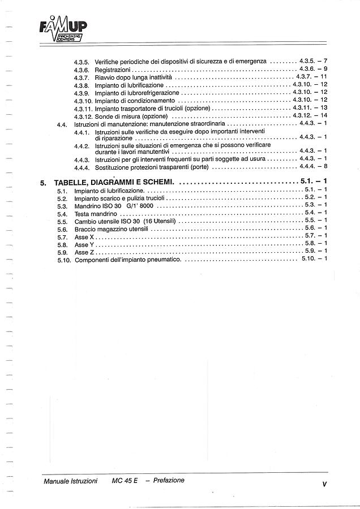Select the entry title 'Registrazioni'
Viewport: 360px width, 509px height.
coord(113,69)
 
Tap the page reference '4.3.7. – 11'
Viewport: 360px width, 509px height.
coord(311,76)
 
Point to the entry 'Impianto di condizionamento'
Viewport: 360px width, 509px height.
coord(135,100)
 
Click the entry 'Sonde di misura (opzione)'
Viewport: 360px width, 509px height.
coord(131,115)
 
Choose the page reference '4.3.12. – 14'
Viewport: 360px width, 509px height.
coord(311,115)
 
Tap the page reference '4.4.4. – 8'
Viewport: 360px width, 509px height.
coord(314,167)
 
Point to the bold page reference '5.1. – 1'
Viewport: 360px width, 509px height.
coord(314,182)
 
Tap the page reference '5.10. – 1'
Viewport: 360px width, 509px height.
coord(314,259)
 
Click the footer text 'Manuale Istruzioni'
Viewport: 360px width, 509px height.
coord(70,481)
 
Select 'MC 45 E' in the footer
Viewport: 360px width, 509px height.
coord(125,481)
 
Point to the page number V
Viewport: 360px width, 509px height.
coord(324,484)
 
